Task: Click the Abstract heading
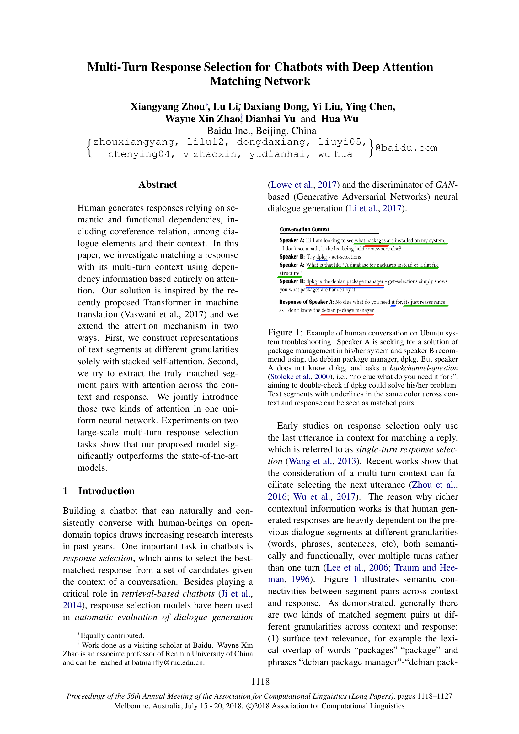point(158,185)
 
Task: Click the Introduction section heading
point(106,491)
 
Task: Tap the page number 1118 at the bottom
point(260,682)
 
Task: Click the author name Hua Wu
point(340,119)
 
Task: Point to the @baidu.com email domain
point(406,148)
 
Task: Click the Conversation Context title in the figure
point(304,229)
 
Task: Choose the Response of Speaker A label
point(306,302)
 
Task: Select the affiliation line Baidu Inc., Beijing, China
point(261,131)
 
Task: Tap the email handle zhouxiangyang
point(134,142)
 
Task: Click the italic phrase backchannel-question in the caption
point(423,368)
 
